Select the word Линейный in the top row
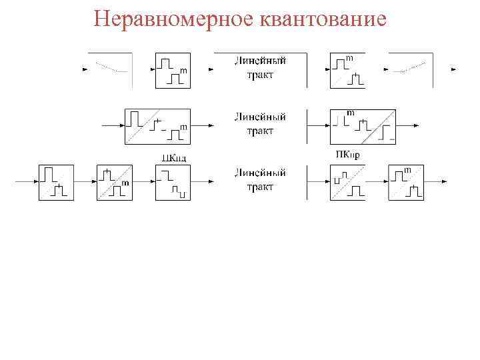point(260,61)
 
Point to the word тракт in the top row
point(260,75)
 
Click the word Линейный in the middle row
point(260,117)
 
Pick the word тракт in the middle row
point(260,131)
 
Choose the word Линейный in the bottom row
point(260,173)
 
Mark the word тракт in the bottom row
point(260,187)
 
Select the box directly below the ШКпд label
point(173,182)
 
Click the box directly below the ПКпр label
point(347,182)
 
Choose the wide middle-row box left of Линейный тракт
point(157,126)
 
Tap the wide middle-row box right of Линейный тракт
point(363,126)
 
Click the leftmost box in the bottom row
point(56,182)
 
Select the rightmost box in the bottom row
point(406,182)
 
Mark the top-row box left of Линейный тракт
point(173,70)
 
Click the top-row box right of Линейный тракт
point(347,70)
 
